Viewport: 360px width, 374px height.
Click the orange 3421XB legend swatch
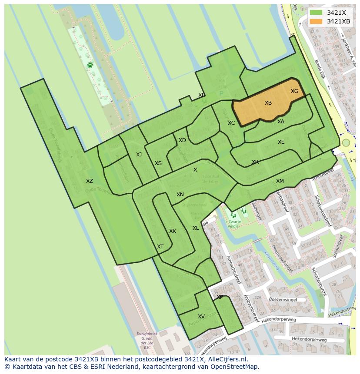[316, 21]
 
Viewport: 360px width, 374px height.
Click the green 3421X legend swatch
[316, 13]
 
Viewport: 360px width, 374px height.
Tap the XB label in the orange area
[268, 103]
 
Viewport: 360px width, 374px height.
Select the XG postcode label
[294, 91]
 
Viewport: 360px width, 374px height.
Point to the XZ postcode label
[89, 181]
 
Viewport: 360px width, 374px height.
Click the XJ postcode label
[139, 155]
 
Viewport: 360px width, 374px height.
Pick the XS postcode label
[158, 163]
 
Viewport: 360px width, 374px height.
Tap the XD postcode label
[182, 140]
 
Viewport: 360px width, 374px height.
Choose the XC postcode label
[231, 123]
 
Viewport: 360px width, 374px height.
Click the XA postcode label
[281, 122]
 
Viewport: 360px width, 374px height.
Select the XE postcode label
[281, 142]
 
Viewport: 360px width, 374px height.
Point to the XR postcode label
[255, 162]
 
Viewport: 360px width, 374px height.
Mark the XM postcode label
[280, 181]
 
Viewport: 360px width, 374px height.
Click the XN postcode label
[180, 195]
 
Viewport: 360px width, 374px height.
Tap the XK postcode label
[173, 231]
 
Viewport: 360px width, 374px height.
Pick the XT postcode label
[160, 247]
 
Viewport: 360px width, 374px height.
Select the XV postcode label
[201, 317]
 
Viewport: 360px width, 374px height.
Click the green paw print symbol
[90, 65]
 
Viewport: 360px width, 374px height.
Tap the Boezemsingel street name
[283, 299]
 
